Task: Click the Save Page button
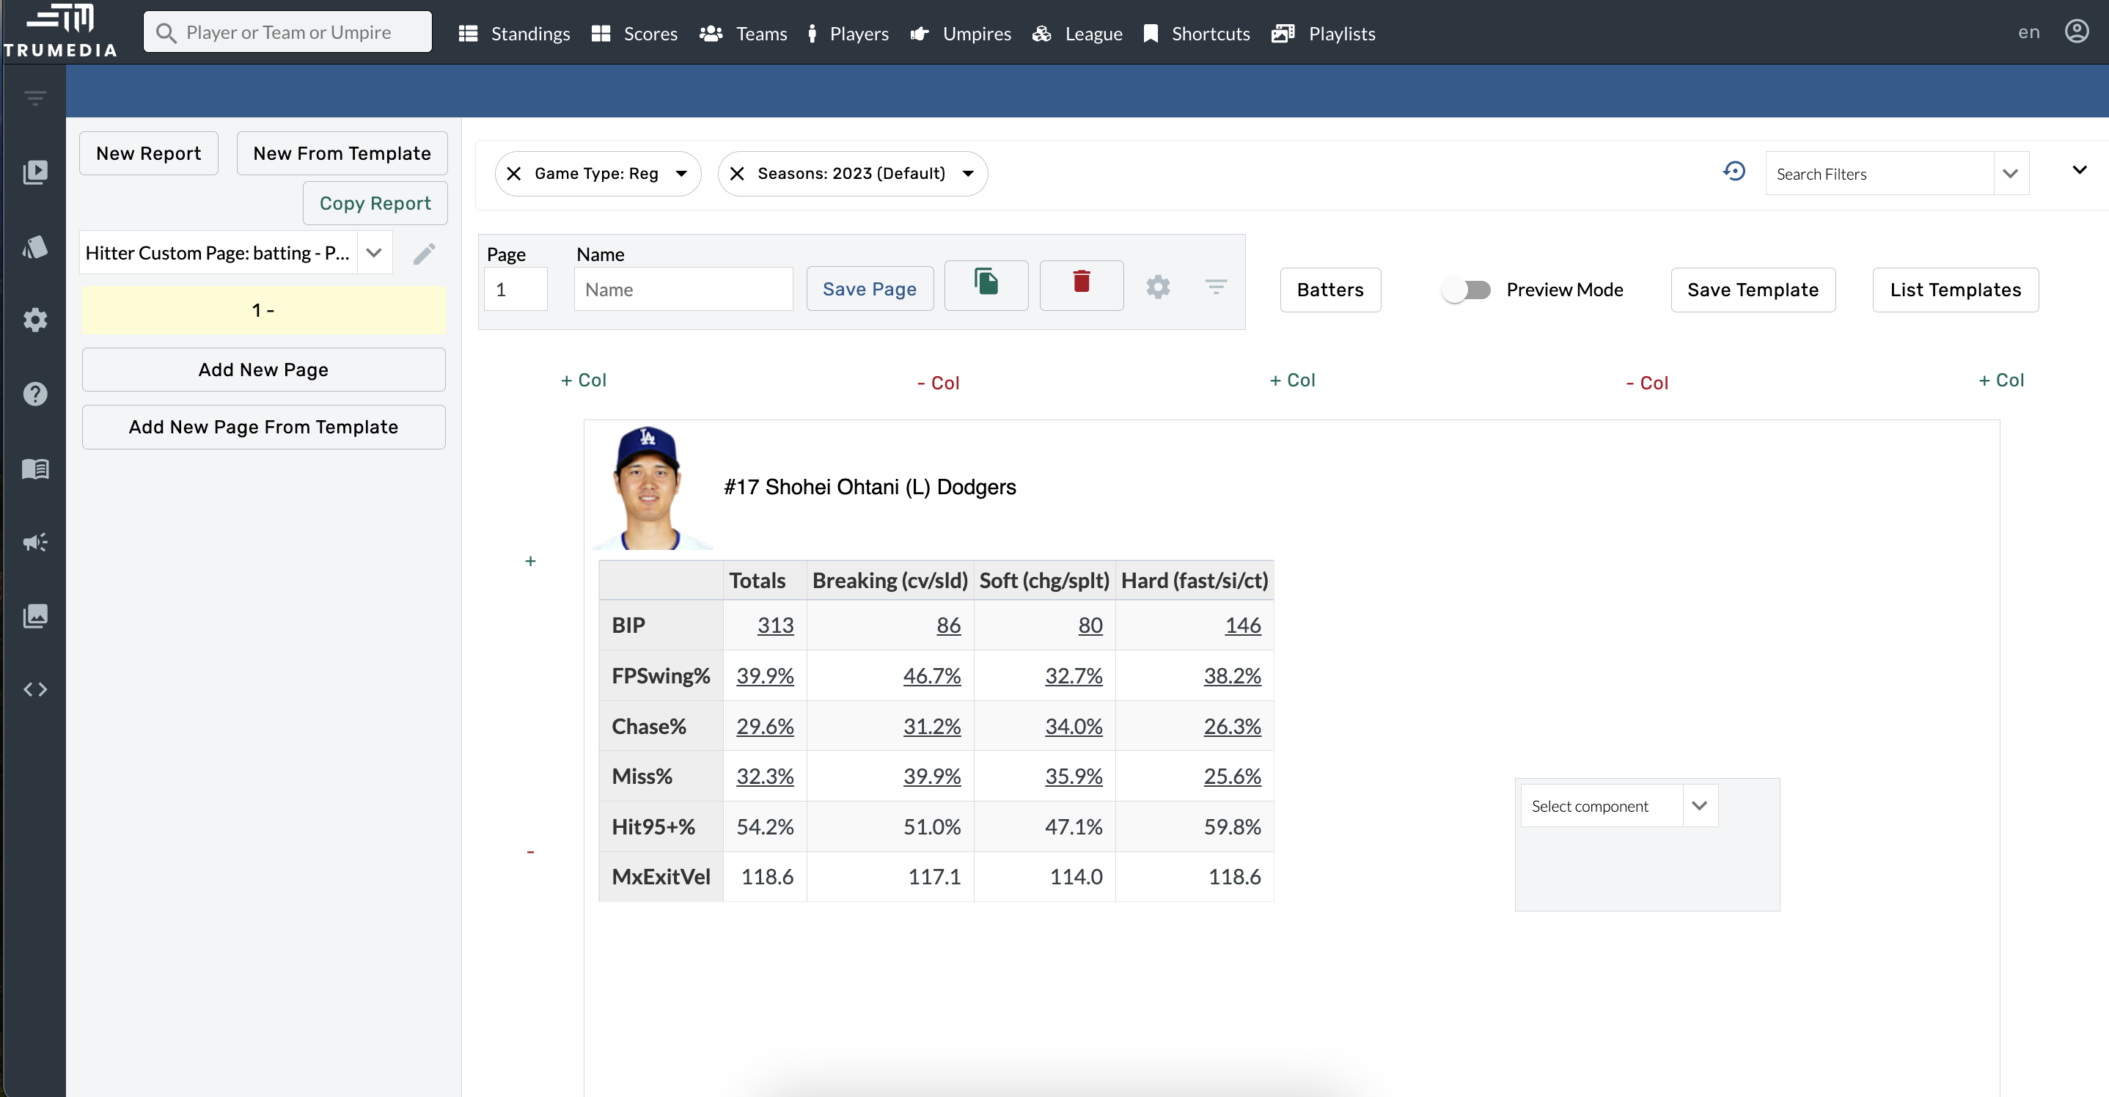pyautogui.click(x=869, y=289)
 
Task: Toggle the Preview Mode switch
pyautogui.click(x=1467, y=290)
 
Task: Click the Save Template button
pyautogui.click(x=1752, y=290)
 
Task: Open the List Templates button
pyautogui.click(x=1954, y=290)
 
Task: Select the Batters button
pyautogui.click(x=1329, y=290)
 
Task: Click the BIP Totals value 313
pyautogui.click(x=774, y=625)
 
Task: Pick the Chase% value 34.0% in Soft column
pyautogui.click(x=1073, y=726)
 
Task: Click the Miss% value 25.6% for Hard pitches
pyautogui.click(x=1231, y=776)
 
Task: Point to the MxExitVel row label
pyautogui.click(x=661, y=877)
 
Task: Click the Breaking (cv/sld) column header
pyautogui.click(x=889, y=581)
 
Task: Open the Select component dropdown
pyautogui.click(x=1618, y=807)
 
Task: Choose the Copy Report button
pyautogui.click(x=374, y=203)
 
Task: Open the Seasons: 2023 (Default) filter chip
pyautogui.click(x=852, y=174)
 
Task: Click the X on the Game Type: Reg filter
pyautogui.click(x=514, y=174)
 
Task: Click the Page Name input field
pyautogui.click(x=683, y=290)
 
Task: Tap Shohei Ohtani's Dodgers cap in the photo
pyautogui.click(x=647, y=446)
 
